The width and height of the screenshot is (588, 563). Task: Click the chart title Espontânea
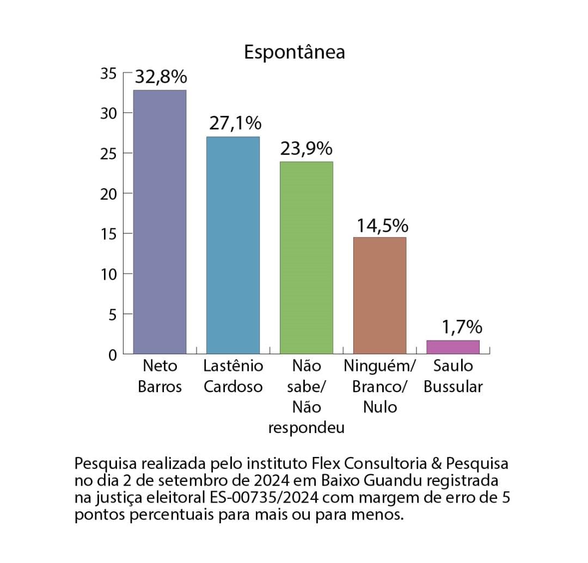click(x=294, y=52)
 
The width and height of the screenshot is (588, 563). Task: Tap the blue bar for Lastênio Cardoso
click(x=233, y=245)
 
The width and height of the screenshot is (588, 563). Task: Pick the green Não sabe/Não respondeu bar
click(x=306, y=258)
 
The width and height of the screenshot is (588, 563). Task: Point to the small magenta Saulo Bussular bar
click(x=453, y=347)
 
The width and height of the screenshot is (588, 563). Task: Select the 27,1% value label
click(x=235, y=124)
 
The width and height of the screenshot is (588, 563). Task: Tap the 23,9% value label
click(x=306, y=149)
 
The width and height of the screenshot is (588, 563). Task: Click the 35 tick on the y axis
click(x=108, y=73)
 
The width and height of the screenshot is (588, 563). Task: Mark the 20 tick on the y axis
click(x=108, y=194)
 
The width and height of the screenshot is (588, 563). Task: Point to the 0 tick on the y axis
click(x=112, y=355)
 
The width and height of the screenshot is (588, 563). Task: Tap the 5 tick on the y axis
click(x=112, y=314)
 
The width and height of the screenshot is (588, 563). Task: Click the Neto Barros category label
click(x=160, y=376)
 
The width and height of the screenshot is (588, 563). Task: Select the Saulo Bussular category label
click(x=453, y=376)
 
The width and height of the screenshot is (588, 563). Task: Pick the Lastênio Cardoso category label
click(x=233, y=376)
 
